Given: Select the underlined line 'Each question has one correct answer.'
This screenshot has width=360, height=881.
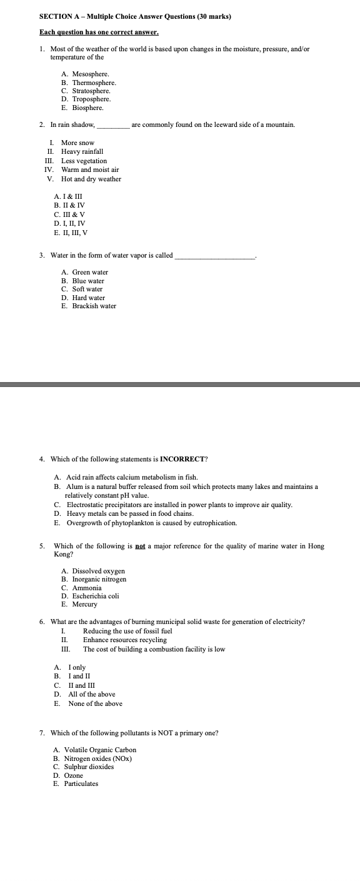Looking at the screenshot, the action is [x=99, y=31].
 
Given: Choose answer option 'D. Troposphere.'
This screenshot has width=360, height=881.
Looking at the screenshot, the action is [x=86, y=99].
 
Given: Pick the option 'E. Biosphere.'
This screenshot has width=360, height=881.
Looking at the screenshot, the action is [x=82, y=108].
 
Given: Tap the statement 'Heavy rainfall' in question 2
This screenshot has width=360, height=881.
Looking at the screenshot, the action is [x=82, y=151].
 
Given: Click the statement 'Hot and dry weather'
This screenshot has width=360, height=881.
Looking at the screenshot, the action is [x=91, y=179].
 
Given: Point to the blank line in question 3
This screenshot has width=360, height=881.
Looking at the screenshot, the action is [x=216, y=256].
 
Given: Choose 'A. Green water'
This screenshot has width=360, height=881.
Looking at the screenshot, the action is [x=85, y=272].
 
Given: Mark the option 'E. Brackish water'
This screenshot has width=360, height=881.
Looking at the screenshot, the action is [x=89, y=306].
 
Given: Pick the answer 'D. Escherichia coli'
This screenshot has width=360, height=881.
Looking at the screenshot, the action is [x=91, y=596].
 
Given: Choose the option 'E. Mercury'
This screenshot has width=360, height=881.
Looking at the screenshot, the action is [x=79, y=605].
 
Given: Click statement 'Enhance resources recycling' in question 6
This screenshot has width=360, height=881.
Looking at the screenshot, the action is [x=124, y=640].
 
